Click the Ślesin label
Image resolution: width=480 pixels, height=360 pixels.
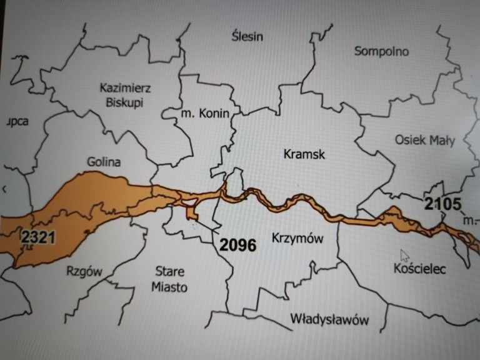[x=247, y=36]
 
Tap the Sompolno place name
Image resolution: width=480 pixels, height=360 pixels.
[x=381, y=51]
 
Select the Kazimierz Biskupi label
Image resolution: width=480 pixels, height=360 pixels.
[x=126, y=95]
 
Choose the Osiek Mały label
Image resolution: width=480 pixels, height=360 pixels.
[x=425, y=140]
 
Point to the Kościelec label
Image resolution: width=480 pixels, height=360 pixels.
[x=419, y=269]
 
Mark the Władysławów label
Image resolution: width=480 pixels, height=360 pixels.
[x=329, y=319]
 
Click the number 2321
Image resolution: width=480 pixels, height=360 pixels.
[x=38, y=237]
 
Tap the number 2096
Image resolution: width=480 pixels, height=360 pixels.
[x=237, y=245]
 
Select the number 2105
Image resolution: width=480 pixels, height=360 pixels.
[x=442, y=203]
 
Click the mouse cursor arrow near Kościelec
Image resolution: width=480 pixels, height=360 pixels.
[x=404, y=255]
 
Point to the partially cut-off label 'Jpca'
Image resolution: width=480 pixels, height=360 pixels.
[x=16, y=121]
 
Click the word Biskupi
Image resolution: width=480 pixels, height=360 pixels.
[x=126, y=102]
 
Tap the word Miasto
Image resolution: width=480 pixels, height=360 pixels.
[x=171, y=287]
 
